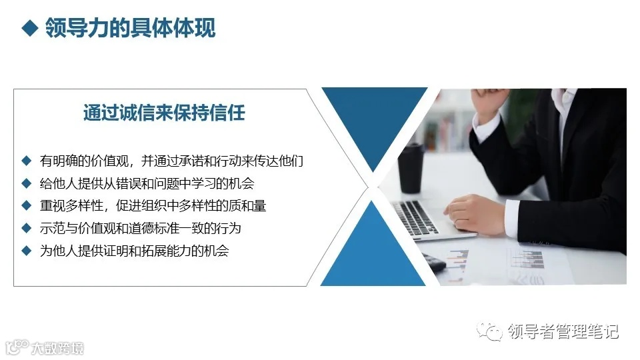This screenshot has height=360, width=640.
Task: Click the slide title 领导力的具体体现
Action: [130, 29]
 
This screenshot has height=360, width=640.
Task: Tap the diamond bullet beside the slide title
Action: [29, 29]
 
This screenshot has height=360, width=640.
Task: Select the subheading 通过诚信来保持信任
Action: [164, 113]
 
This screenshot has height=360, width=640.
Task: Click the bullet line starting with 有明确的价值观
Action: [172, 161]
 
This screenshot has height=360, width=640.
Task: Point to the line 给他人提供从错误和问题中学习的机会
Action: [147, 183]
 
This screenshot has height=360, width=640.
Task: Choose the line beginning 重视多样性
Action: [153, 206]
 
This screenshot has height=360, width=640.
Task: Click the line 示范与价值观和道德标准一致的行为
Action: [140, 229]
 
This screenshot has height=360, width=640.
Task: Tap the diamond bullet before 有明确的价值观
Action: [27, 161]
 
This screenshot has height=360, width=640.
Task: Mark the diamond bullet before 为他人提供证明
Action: [27, 251]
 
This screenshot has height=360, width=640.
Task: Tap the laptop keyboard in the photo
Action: [417, 217]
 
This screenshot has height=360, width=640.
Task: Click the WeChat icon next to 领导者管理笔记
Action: [494, 331]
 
